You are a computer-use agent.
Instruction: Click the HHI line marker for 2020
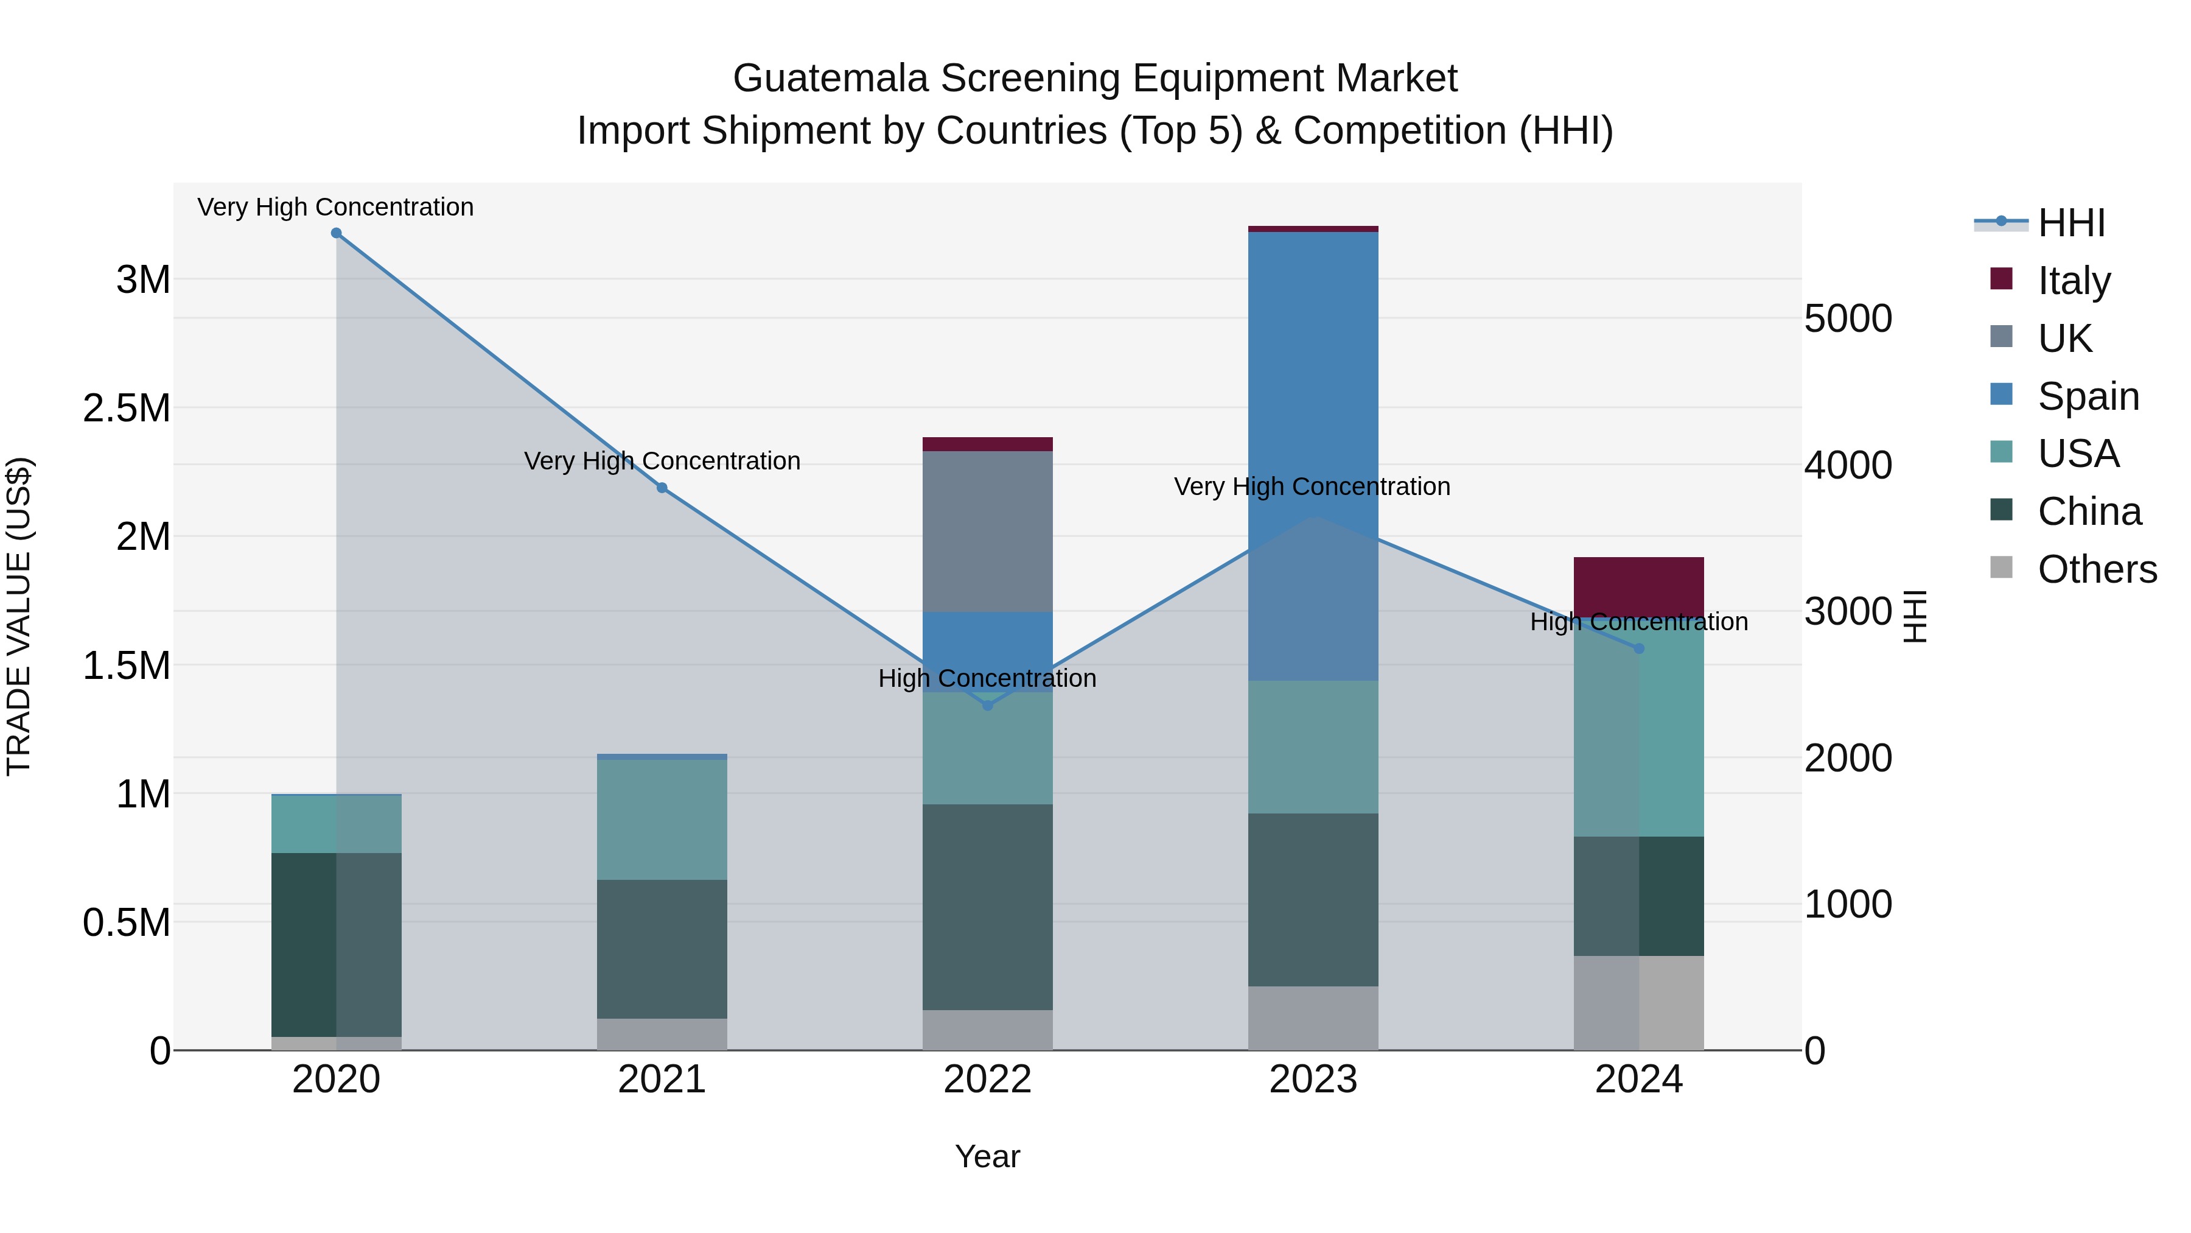(336, 233)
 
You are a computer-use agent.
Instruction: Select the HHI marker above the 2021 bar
(662, 488)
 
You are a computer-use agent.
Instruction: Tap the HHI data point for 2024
(1639, 648)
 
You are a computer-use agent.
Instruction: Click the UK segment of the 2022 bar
(988, 532)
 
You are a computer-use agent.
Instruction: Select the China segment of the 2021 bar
(662, 949)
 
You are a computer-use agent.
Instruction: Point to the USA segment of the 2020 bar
(336, 824)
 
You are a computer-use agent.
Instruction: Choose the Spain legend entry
(2088, 396)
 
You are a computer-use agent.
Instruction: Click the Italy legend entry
(2074, 281)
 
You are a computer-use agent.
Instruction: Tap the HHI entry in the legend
(2071, 223)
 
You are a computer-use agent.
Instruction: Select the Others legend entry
(2097, 569)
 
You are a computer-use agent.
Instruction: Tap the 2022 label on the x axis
(988, 1080)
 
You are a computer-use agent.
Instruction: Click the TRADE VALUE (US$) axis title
(19, 616)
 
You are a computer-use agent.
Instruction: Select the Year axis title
(988, 1156)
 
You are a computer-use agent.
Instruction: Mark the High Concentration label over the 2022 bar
(988, 678)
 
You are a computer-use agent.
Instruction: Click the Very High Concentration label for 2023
(1312, 487)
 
